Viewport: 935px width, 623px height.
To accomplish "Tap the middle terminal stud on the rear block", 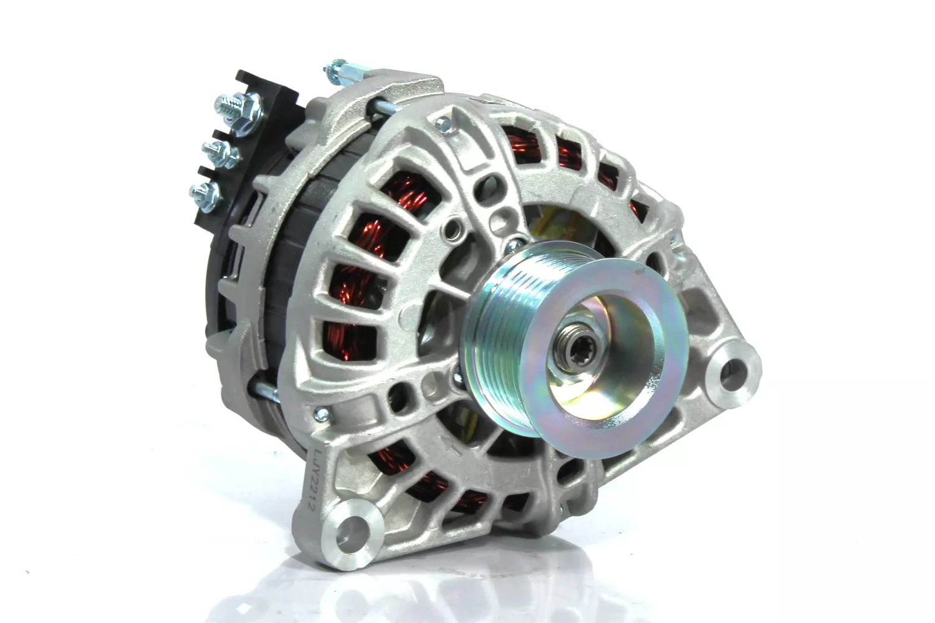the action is point(220,152).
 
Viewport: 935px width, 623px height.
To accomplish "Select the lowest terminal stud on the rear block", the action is point(206,196).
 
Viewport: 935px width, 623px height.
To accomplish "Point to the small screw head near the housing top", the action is point(443,123).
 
